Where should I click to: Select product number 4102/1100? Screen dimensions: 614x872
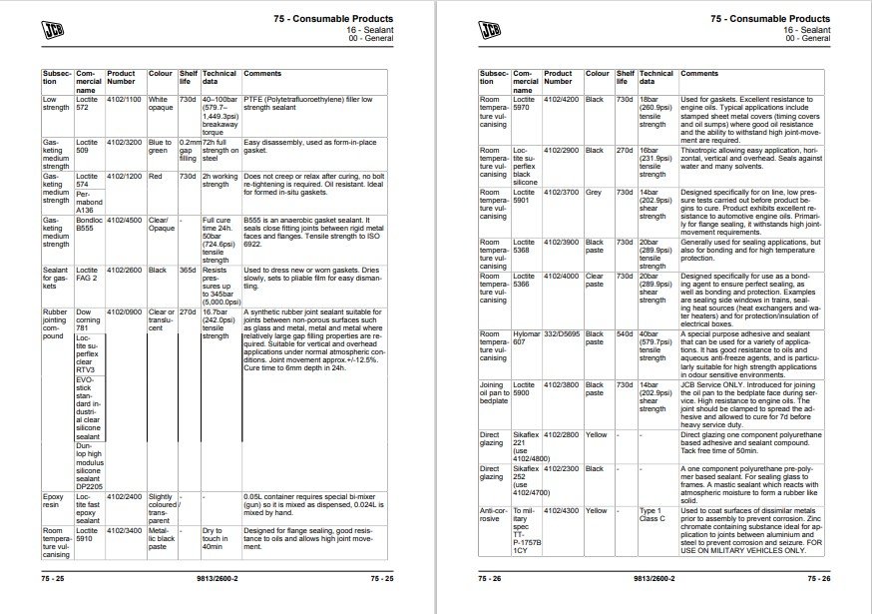[x=124, y=100]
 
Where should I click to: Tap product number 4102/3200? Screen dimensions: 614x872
[x=124, y=143]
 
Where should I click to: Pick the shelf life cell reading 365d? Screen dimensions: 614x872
[x=187, y=270]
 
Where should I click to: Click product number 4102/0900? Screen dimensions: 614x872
[x=124, y=312]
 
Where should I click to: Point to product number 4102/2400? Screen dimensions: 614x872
[x=124, y=495]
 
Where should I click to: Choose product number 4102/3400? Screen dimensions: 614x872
[x=124, y=532]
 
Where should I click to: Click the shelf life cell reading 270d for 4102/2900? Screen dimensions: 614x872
[x=624, y=151]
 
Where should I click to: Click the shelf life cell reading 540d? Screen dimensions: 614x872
[x=624, y=333]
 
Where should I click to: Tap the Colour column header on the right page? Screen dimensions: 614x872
[x=597, y=74]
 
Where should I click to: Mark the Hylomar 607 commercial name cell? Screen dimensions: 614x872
[x=524, y=338]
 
